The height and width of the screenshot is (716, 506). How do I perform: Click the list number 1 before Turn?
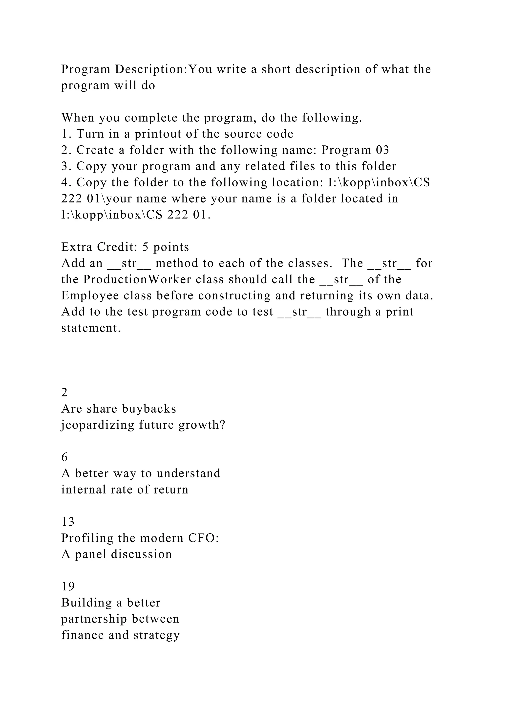(x=64, y=134)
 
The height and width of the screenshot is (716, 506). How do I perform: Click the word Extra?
(x=76, y=247)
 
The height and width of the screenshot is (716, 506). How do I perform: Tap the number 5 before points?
(x=146, y=247)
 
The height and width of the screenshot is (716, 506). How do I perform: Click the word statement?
(x=91, y=328)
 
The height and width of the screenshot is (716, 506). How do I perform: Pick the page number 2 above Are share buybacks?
(x=64, y=393)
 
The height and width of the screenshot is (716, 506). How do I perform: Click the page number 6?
(x=64, y=457)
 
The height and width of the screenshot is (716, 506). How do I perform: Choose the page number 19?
(x=68, y=587)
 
